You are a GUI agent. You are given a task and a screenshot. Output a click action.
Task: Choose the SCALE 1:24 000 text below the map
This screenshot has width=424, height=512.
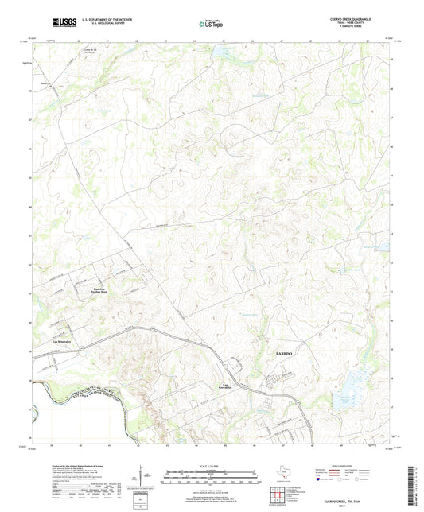(x=211, y=466)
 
